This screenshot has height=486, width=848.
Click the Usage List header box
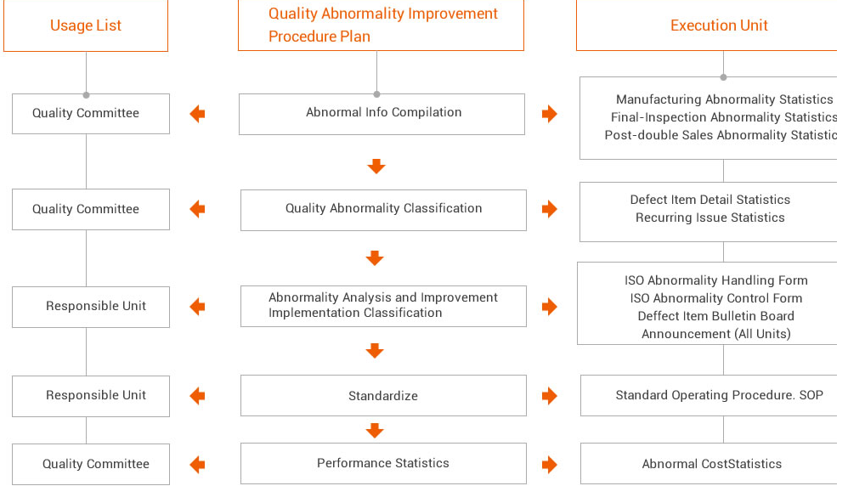click(86, 25)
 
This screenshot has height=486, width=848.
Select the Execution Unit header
click(712, 25)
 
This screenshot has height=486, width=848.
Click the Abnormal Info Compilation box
click(382, 114)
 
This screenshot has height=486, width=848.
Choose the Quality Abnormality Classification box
click(383, 210)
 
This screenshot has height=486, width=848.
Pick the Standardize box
click(383, 396)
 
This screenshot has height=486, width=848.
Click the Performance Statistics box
click(383, 463)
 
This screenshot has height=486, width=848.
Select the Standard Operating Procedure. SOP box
click(714, 396)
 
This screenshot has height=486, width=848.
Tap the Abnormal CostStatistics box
click(714, 463)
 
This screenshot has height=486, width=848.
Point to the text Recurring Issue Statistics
click(710, 218)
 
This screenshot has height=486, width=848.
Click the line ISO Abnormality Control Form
click(716, 298)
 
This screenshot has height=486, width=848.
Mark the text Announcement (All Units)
click(716, 334)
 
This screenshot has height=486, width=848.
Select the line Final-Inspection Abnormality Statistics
click(724, 116)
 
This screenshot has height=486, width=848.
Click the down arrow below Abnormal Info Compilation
click(376, 167)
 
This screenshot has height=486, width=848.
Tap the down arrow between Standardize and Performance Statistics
click(375, 430)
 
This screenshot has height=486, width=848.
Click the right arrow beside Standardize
click(550, 396)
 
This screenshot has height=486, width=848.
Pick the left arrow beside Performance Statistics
click(197, 465)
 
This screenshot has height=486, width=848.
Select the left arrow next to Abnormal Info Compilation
click(197, 114)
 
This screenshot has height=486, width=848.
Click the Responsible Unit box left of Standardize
click(91, 396)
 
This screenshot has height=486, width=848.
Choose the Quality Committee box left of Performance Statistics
click(91, 465)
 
